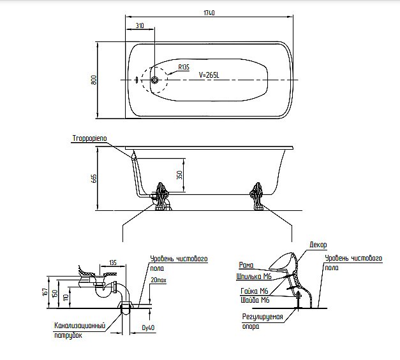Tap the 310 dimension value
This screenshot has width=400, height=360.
click(140, 26)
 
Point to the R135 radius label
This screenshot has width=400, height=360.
click(184, 67)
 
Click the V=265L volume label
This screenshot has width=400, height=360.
click(209, 75)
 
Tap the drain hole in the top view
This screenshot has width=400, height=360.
click(154, 80)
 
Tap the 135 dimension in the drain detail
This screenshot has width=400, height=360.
click(112, 262)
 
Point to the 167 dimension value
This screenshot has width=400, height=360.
click(45, 291)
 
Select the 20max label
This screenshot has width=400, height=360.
click(159, 280)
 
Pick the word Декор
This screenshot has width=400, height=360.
click(318, 245)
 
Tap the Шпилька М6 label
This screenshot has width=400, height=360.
click(254, 277)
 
